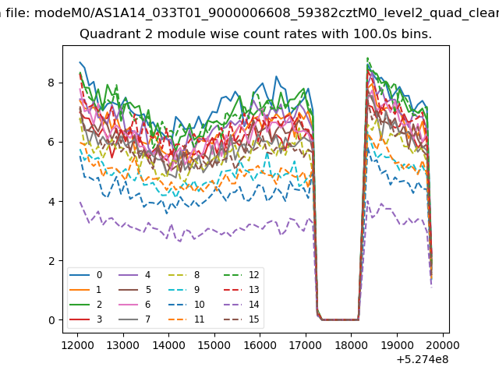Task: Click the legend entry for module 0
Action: tap(86, 275)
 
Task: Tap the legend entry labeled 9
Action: tap(184, 289)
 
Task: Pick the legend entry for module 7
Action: tap(135, 319)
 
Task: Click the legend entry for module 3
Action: tap(86, 319)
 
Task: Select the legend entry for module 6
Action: tap(135, 305)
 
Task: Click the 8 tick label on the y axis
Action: tap(51, 83)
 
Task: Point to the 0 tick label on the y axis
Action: tap(51, 320)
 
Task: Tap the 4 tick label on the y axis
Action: tap(51, 202)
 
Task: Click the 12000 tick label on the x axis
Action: tap(77, 345)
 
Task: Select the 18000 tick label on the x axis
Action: tap(352, 345)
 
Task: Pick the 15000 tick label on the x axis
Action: tap(214, 345)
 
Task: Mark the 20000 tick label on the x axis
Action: tap(443, 345)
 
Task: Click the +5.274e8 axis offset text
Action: tap(423, 360)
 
